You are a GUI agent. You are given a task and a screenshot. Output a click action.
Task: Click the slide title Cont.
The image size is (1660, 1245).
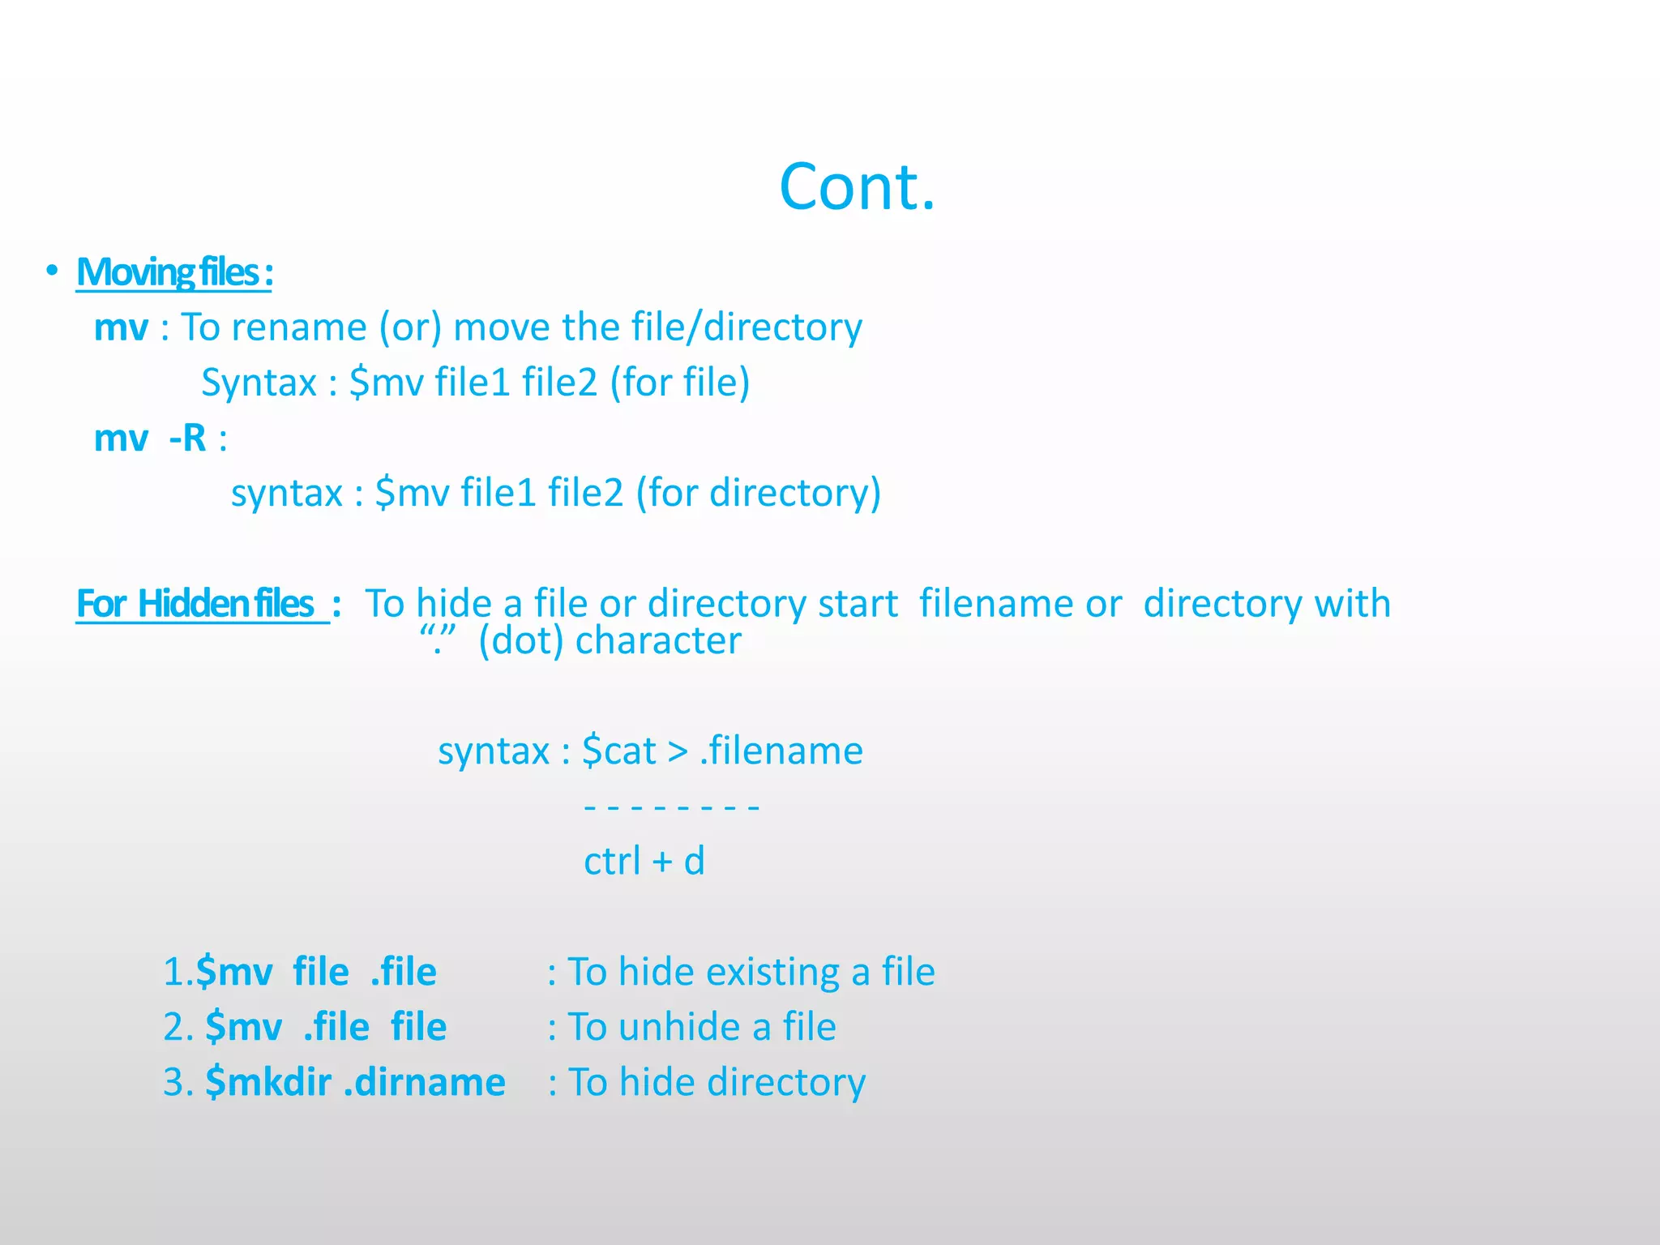click(x=857, y=187)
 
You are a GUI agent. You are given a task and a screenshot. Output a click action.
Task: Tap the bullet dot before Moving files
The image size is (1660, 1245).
click(x=52, y=271)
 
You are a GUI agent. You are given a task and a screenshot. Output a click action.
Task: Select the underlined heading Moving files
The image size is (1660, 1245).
click(x=173, y=273)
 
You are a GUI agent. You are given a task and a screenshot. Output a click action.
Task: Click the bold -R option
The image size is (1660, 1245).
click(x=188, y=439)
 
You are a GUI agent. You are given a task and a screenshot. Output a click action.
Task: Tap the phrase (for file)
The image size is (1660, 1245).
click(x=680, y=383)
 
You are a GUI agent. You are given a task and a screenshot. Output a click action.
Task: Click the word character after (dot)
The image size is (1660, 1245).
click(x=658, y=640)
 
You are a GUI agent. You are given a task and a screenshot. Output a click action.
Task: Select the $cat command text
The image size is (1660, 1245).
click(x=619, y=751)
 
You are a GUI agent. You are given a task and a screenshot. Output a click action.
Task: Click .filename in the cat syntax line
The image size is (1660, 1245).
click(x=781, y=751)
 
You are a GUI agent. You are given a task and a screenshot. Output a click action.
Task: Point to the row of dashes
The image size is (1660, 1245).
click(x=671, y=807)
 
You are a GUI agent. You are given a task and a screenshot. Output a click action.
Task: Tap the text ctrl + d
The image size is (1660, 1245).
click(x=644, y=861)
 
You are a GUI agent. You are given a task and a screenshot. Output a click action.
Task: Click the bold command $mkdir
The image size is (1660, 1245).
click(x=268, y=1082)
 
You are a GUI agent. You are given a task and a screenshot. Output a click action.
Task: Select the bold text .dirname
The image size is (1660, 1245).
click(x=425, y=1082)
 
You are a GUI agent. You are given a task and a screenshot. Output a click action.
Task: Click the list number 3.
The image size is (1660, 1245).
click(x=175, y=1082)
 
